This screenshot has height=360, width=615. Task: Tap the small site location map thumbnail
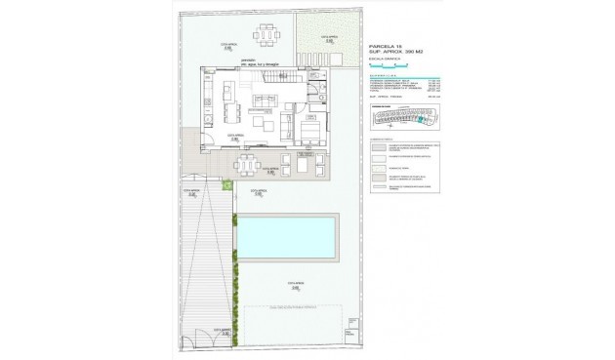coord(400,118)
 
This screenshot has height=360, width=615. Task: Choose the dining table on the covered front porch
coord(246,162)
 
